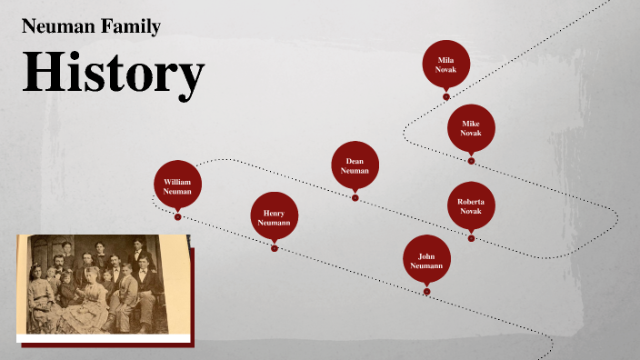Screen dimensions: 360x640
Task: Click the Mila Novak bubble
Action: click(446, 64)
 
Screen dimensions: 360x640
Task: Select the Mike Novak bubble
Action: click(471, 128)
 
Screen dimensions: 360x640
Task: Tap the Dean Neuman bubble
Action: click(355, 165)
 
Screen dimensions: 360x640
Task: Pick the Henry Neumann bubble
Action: click(274, 216)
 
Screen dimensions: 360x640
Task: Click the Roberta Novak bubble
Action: click(471, 205)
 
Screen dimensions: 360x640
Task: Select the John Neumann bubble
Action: click(426, 259)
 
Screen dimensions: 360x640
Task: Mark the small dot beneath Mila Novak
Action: click(446, 96)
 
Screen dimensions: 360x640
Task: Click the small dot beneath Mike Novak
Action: click(471, 161)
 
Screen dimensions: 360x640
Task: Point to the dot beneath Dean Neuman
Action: click(355, 198)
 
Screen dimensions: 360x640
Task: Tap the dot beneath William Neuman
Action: click(177, 216)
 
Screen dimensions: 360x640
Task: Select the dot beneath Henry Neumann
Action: click(274, 248)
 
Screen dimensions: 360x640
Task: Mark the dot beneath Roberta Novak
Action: click(471, 238)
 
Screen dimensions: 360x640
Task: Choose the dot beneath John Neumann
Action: click(426, 292)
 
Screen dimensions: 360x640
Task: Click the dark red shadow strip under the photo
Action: click(109, 344)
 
